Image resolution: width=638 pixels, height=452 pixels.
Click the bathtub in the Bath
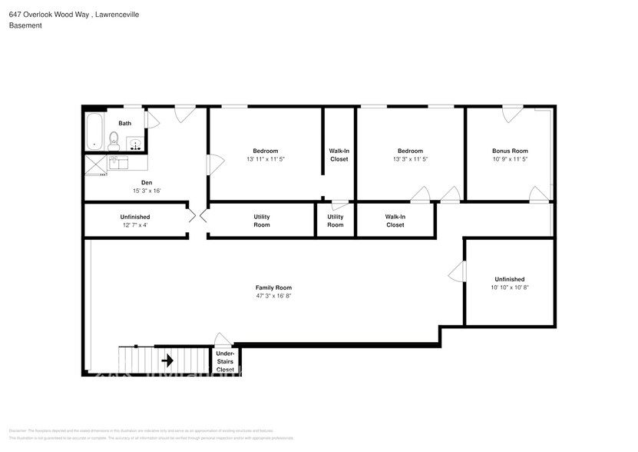95,131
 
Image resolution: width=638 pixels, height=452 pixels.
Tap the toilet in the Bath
114,141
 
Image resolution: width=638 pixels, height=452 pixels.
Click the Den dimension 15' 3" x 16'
145,191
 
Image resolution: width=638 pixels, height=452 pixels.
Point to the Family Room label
273,287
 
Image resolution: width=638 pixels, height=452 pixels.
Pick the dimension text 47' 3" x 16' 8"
273,296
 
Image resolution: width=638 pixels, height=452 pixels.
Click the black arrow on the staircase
167,361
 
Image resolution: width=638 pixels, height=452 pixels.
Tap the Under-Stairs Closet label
225,362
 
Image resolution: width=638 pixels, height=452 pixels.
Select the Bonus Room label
510,151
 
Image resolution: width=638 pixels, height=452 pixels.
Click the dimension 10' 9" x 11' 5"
510,159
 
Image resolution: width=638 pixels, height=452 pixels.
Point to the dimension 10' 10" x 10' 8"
510,287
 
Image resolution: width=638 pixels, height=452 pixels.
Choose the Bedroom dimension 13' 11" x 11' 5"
266,159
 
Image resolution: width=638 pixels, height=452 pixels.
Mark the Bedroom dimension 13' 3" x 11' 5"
410,159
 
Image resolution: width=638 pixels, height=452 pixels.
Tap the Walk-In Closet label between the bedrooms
339,155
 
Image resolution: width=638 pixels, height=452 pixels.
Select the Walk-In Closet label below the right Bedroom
395,221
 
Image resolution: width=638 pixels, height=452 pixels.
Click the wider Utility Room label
262,221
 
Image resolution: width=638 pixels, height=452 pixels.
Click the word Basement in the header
25,25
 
